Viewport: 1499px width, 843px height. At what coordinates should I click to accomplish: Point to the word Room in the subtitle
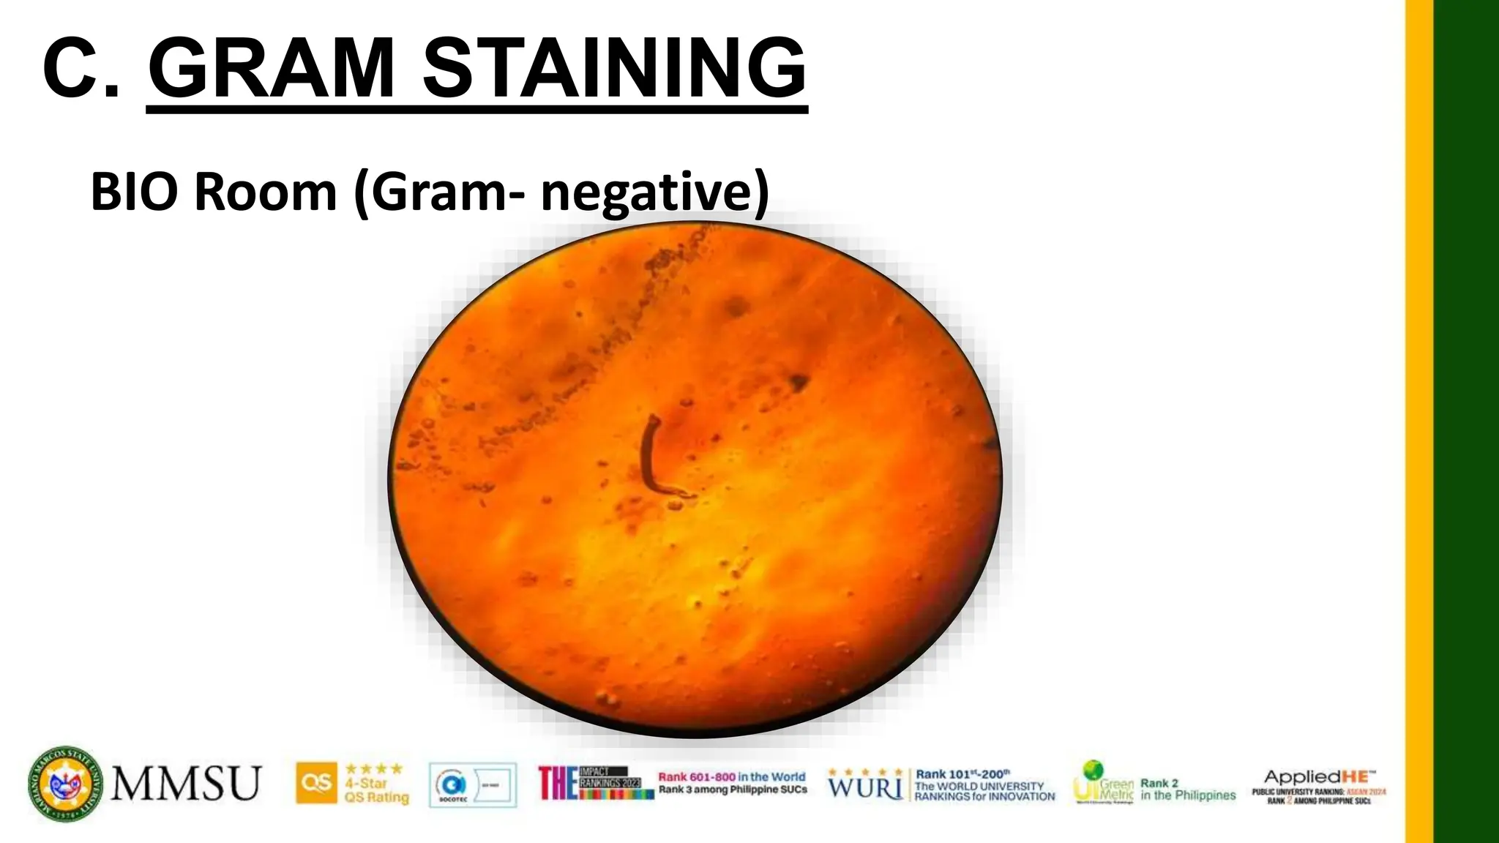pyautogui.click(x=265, y=192)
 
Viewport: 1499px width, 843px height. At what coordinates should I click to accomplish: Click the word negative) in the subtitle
pyautogui.click(x=654, y=192)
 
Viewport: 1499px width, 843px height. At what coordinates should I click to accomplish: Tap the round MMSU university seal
pyautogui.click(x=66, y=783)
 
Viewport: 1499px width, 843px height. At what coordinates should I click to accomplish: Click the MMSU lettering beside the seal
pyautogui.click(x=187, y=783)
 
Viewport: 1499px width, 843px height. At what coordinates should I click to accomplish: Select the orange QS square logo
pyautogui.click(x=317, y=783)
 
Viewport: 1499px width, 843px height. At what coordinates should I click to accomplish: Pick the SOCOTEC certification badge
pyautogui.click(x=472, y=784)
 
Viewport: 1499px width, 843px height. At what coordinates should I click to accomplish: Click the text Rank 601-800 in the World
pyautogui.click(x=731, y=777)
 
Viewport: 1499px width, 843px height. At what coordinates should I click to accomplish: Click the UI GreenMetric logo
pyautogui.click(x=1102, y=782)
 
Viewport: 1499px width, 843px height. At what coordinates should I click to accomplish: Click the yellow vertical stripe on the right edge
pyautogui.click(x=1418, y=421)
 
